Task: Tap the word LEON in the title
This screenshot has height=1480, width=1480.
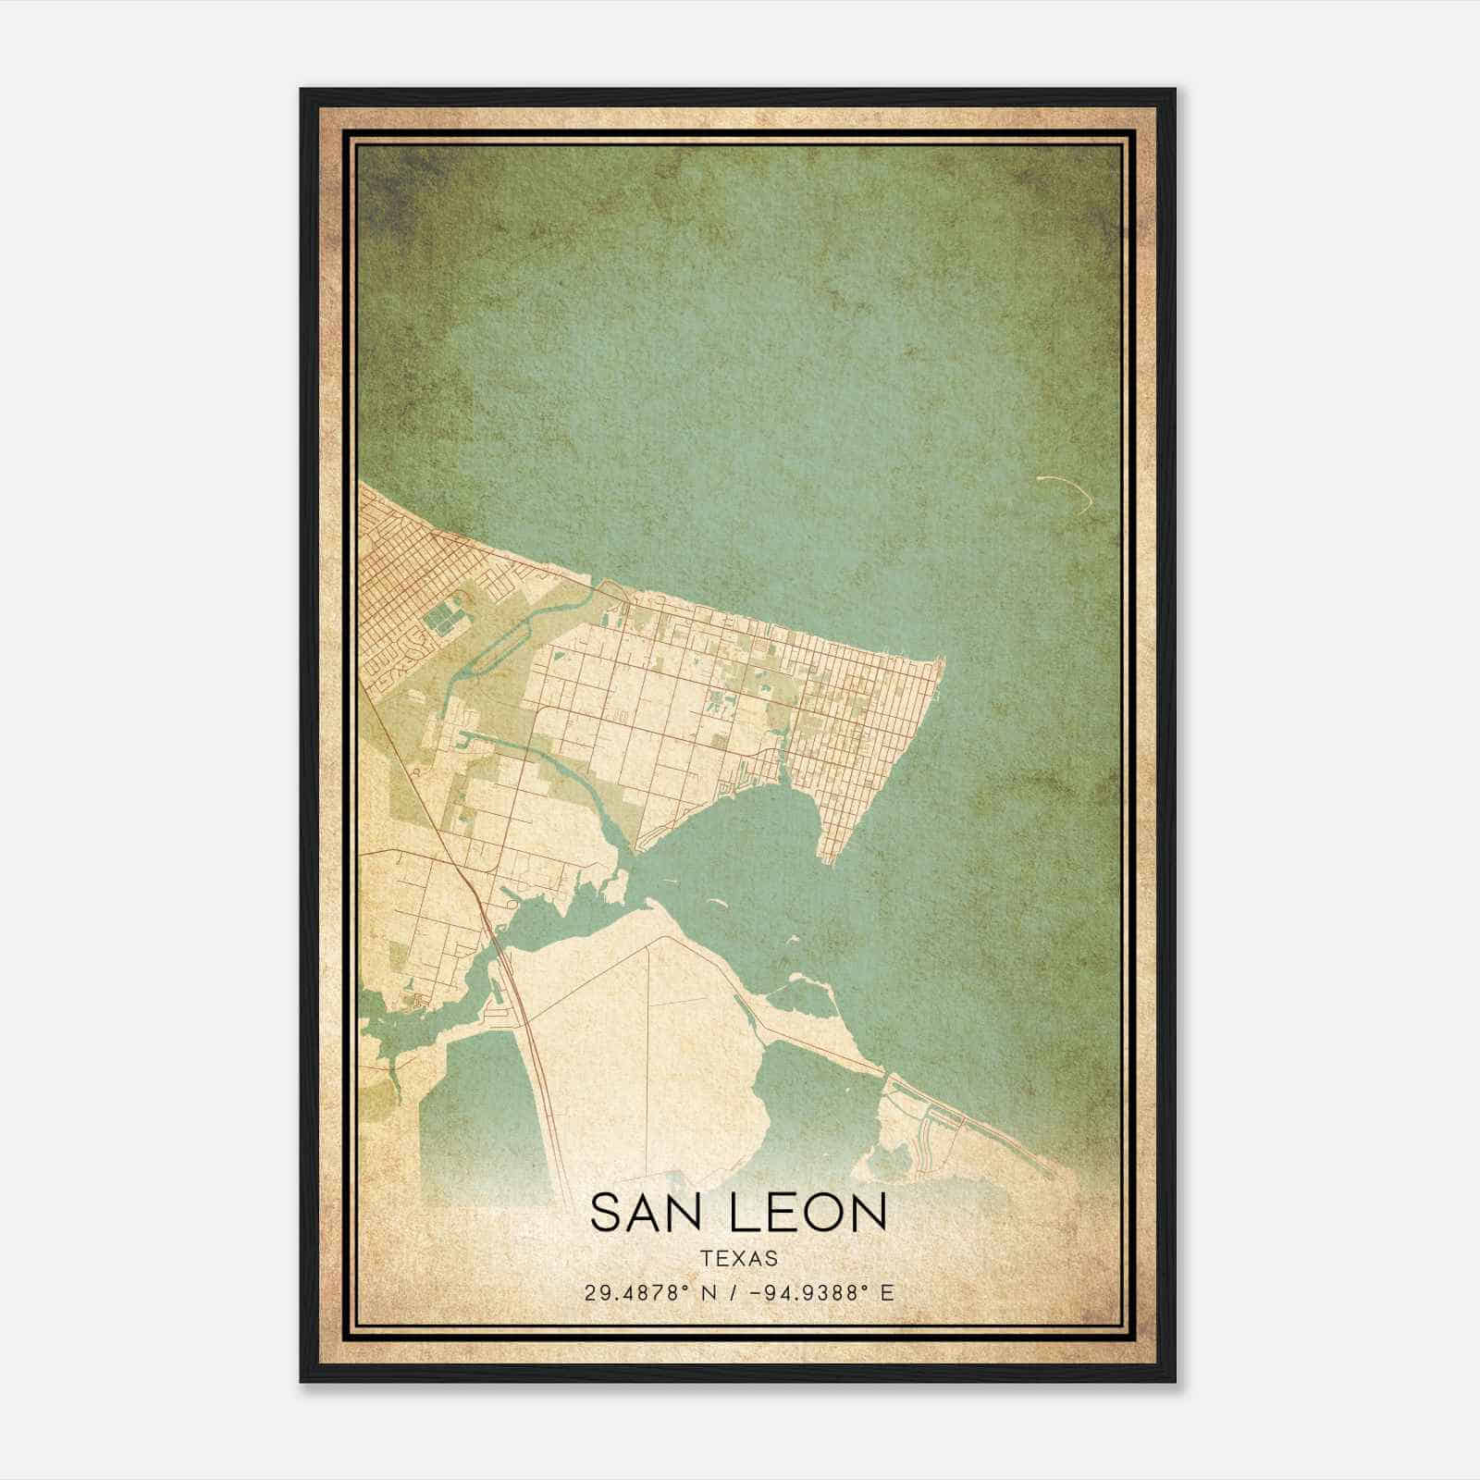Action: click(x=808, y=1213)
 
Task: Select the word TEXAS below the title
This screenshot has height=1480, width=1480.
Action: click(x=738, y=1259)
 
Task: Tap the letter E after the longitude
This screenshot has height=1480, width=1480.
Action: click(x=887, y=1293)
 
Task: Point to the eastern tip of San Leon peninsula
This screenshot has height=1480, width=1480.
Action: click(x=941, y=660)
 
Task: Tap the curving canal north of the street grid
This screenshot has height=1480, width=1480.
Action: click(x=518, y=629)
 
